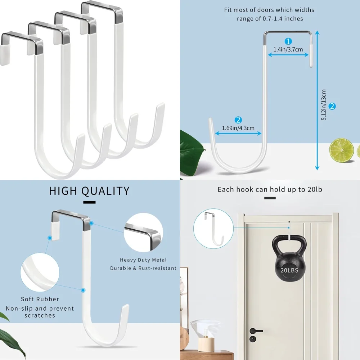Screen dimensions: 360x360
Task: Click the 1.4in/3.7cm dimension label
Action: pyautogui.click(x=288, y=49)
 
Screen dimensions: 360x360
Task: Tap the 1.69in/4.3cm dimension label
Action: pyautogui.click(x=238, y=127)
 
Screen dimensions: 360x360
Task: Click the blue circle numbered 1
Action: pyautogui.click(x=288, y=41)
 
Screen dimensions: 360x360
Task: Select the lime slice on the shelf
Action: pyautogui.click(x=342, y=150)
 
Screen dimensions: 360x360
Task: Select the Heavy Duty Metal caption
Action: pyautogui.click(x=143, y=260)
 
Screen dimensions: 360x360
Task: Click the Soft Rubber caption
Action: pyautogui.click(x=40, y=299)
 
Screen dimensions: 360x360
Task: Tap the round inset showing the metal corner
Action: pyautogui.click(x=142, y=233)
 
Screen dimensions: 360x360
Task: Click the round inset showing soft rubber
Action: pyautogui.click(x=40, y=273)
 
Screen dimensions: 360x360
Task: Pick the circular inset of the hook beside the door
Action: pyautogui.click(x=213, y=228)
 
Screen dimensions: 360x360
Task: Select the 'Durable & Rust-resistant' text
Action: pyautogui.click(x=143, y=268)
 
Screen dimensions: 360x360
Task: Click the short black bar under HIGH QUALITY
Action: pyautogui.click(x=89, y=202)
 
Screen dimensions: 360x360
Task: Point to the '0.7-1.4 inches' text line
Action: pyautogui.click(x=270, y=18)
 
